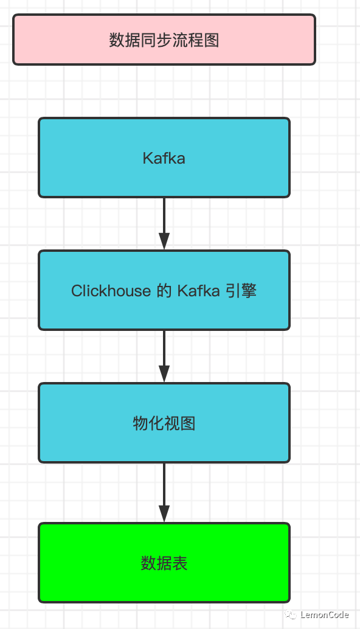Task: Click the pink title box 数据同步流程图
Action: (164, 40)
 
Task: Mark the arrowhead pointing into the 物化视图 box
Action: (164, 374)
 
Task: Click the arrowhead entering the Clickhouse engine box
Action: (164, 241)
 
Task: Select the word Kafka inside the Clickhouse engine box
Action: (198, 291)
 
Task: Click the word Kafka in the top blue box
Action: (164, 159)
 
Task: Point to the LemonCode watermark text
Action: (325, 615)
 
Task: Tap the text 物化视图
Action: (164, 423)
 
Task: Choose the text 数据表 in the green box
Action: (164, 563)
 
